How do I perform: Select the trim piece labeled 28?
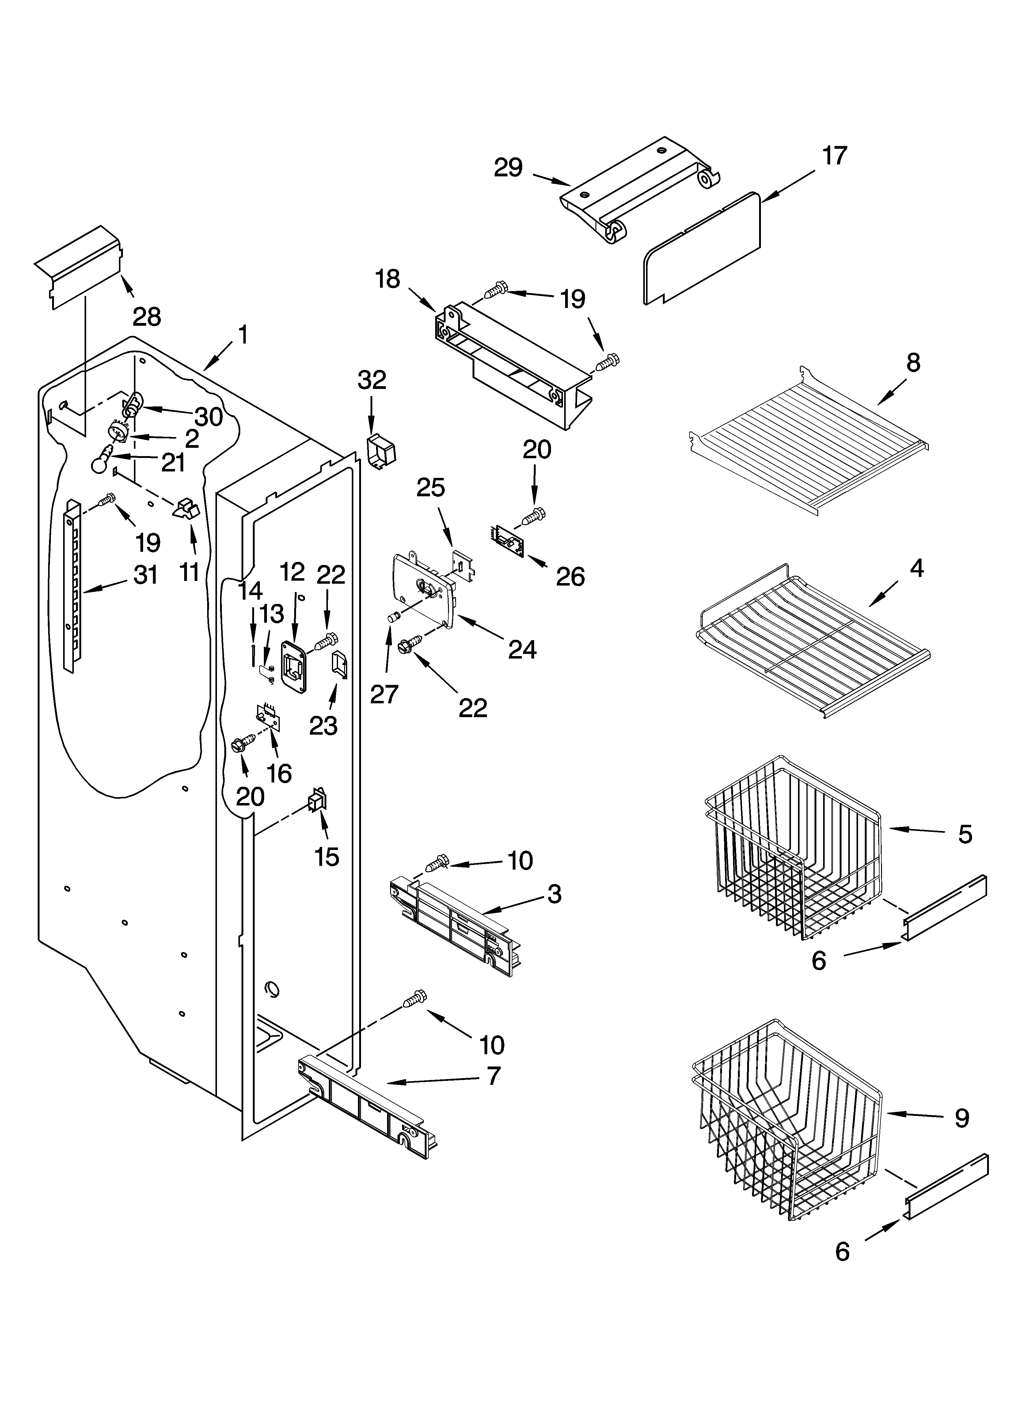point(78,266)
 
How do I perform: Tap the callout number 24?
point(522,650)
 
